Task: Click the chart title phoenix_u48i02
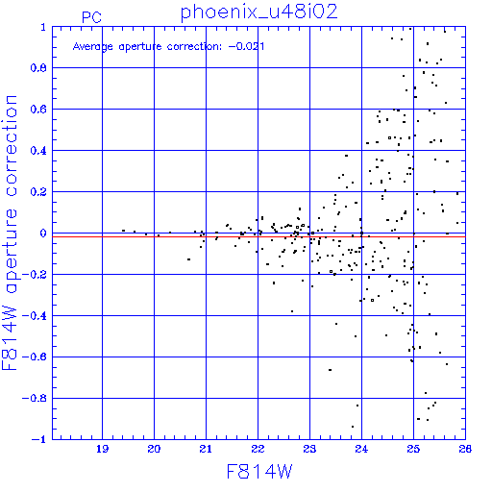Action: coord(259,12)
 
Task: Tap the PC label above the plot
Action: coord(91,17)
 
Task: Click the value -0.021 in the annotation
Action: coord(246,46)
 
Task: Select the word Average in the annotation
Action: coord(93,47)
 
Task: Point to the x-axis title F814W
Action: coord(259,472)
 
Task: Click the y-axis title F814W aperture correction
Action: coord(10,233)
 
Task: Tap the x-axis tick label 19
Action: coord(102,449)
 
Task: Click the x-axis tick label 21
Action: coord(206,449)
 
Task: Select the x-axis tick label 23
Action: coord(309,449)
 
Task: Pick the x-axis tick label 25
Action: coord(413,449)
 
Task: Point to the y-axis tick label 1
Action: coord(43,27)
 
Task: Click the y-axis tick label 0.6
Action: coord(38,110)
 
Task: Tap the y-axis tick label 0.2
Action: coord(38,192)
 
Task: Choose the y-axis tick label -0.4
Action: coord(35,316)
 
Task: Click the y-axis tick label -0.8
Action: coord(35,399)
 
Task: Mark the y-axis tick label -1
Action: coord(38,439)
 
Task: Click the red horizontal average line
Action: coord(258,236)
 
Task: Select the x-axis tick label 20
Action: coord(154,449)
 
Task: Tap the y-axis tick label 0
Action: coord(43,234)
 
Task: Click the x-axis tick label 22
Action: coord(258,449)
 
